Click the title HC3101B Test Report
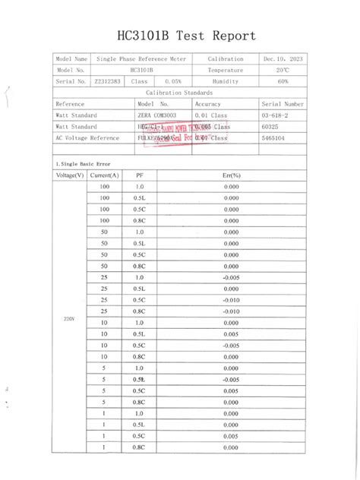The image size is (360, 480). coord(187,36)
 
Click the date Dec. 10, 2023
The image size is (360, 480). coord(283,58)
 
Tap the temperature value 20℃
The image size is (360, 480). coord(283,70)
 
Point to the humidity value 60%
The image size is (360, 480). coord(283,81)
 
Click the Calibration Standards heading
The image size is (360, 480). coord(179,92)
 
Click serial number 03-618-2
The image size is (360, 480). coord(274,115)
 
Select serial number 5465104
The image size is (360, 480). coord(273,138)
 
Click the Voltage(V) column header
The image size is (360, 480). coord(70,175)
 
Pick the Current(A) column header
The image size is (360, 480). coord(104,175)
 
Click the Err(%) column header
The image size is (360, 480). coord(232,175)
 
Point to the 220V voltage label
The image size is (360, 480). coord(69,318)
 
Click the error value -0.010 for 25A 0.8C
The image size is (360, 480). coord(232,311)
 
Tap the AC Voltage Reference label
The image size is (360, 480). coord(87,138)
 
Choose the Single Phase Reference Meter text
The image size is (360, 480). coord(141,58)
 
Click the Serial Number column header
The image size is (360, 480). coord(283,103)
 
